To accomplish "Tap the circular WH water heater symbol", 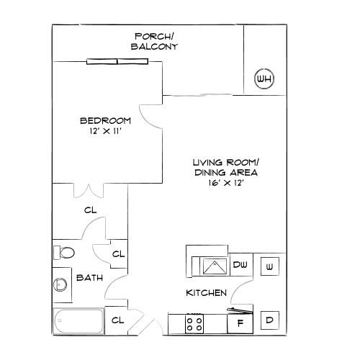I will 264,78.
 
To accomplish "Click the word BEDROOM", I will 105,120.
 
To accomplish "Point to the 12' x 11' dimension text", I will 105,131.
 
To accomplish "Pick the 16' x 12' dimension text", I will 225,184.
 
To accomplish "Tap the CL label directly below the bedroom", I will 90,210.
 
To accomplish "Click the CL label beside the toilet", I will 118,254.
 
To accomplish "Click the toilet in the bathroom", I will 64,253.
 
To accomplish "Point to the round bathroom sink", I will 60,285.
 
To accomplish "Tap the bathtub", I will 78,321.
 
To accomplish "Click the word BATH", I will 89,277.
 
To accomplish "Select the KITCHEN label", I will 207,293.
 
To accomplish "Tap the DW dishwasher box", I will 241,266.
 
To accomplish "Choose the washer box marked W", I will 269,267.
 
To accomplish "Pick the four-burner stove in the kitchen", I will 194,323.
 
